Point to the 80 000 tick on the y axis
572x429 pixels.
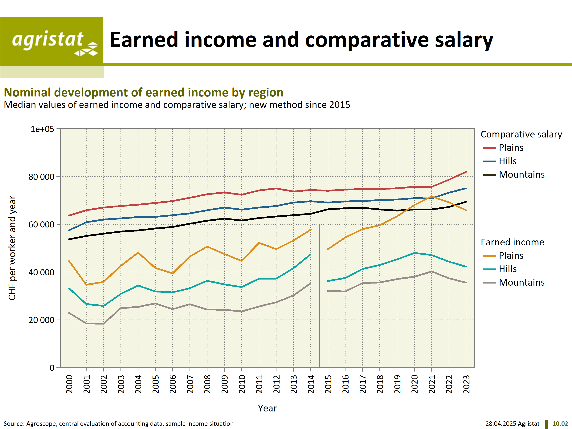41,177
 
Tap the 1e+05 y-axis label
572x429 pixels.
42,129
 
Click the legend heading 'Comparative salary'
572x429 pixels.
521,134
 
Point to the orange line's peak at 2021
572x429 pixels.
432,196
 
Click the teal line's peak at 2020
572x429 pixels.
414,253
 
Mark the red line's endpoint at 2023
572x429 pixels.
466,172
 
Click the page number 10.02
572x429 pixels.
560,424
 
